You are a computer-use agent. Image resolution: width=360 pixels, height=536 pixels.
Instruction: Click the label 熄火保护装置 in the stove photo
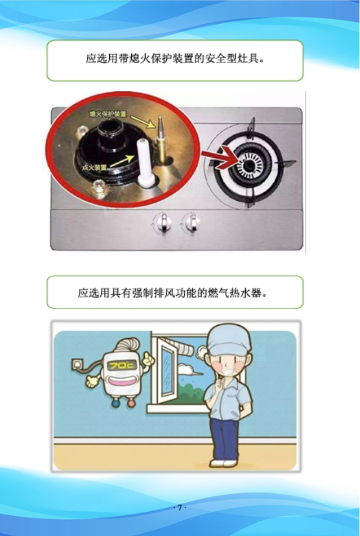click(108, 113)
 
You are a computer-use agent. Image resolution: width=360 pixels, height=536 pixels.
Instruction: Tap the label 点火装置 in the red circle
click(95, 168)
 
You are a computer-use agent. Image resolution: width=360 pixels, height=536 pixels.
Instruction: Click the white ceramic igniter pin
click(145, 162)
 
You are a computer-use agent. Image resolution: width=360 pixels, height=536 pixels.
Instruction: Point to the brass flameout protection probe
click(160, 139)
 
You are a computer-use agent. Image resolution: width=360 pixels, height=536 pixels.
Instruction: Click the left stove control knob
click(164, 222)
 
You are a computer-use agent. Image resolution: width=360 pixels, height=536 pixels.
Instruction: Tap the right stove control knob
click(192, 223)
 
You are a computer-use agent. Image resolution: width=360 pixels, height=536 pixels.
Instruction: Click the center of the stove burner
click(250, 166)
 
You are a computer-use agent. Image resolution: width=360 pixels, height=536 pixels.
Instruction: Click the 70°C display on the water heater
click(122, 366)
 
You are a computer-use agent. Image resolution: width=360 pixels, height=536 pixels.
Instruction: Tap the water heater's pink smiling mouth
click(122, 381)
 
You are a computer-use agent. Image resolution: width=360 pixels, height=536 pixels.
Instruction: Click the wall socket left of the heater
click(78, 364)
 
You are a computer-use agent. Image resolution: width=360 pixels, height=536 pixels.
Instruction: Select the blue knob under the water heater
click(115, 404)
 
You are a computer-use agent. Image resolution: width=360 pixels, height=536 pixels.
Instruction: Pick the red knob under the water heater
click(131, 404)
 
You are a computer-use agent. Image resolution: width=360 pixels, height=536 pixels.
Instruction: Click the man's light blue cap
click(228, 339)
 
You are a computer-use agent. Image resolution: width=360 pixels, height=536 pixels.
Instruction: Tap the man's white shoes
click(224, 463)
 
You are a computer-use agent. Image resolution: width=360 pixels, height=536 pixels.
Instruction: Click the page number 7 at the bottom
click(180, 508)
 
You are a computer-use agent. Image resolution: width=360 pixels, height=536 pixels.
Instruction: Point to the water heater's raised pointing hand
click(148, 359)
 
